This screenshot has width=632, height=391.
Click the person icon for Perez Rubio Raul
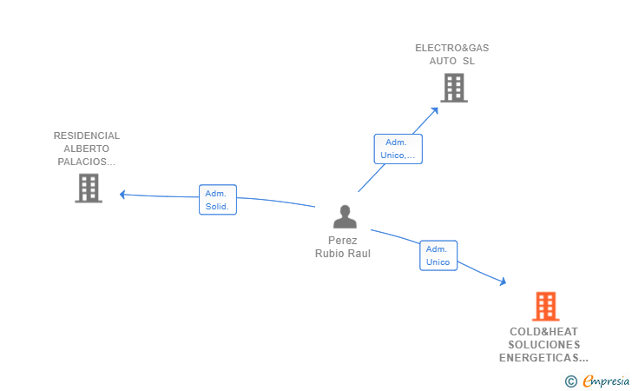(x=345, y=216)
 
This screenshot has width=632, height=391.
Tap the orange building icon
(x=546, y=306)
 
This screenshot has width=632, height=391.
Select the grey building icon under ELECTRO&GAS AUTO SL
(x=454, y=88)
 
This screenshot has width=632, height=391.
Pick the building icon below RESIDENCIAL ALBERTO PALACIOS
(x=89, y=188)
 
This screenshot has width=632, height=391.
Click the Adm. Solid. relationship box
(x=218, y=200)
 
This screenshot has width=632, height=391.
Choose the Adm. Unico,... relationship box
(x=398, y=149)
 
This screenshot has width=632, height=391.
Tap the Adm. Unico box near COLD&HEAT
(x=438, y=255)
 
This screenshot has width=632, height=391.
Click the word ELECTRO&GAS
(x=451, y=48)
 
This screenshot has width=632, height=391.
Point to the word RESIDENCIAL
(x=87, y=136)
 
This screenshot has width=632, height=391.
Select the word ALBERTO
(x=86, y=149)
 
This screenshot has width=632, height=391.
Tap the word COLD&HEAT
(x=543, y=332)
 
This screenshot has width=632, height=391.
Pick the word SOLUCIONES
(x=544, y=345)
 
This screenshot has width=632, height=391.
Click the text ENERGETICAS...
(x=539, y=357)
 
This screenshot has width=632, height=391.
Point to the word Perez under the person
(x=343, y=241)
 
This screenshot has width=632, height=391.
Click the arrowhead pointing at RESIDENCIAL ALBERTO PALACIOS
(x=122, y=195)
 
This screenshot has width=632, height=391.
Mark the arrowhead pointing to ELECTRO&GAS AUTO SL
(x=434, y=110)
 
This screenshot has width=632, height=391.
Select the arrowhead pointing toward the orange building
(x=503, y=282)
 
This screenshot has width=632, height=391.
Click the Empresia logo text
(x=606, y=381)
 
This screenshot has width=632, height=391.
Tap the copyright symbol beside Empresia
(x=571, y=381)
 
